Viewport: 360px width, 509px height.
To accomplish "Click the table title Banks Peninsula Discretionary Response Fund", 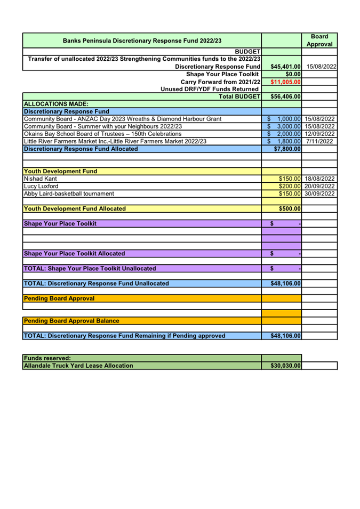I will [x=142, y=41].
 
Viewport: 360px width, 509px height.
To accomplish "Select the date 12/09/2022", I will [x=320, y=134].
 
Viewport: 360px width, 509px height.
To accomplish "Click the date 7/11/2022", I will [x=320, y=141].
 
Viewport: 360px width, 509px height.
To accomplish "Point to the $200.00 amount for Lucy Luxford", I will [x=290, y=186].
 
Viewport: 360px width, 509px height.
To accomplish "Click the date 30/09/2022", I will [x=320, y=193].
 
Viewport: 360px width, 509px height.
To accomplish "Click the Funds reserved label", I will [x=43, y=358].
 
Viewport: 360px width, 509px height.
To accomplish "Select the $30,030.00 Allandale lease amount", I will [x=283, y=366].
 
